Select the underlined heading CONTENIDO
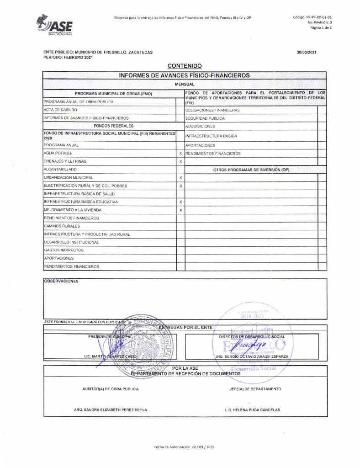click(185, 66)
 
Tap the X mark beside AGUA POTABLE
click(181, 154)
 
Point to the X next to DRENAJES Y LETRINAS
click(181, 162)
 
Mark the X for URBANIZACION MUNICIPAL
click(181, 178)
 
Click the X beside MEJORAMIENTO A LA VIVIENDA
click(181, 210)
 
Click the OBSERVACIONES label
click(61, 282)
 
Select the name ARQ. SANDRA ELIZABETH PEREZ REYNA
click(111, 410)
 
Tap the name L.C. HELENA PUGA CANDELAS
click(252, 410)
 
